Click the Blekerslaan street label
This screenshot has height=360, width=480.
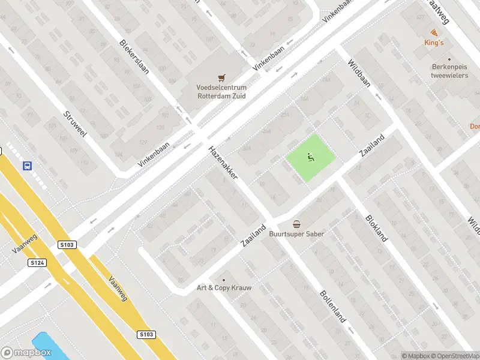tap(134, 56)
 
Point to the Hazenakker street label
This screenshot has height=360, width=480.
tap(223, 163)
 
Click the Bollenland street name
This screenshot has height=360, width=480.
tap(333, 307)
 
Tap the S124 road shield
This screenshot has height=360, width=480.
tap(37, 262)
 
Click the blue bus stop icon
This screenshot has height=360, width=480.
tap(27, 166)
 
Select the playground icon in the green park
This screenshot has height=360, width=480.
tap(310, 158)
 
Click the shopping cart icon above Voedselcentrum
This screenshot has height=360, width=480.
tap(221, 77)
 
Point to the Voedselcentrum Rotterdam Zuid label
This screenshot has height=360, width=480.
tap(221, 91)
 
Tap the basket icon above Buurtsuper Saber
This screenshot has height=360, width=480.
tap(296, 224)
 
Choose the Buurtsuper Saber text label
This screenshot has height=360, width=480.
tap(296, 233)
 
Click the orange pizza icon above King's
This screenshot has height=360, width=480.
tap(434, 32)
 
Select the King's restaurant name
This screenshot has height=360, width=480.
tap(434, 43)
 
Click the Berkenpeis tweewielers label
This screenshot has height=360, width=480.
tap(449, 71)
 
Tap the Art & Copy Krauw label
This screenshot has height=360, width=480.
tap(224, 288)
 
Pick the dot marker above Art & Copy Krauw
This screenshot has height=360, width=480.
tap(224, 280)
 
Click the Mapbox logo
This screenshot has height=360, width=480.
tap(26, 352)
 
